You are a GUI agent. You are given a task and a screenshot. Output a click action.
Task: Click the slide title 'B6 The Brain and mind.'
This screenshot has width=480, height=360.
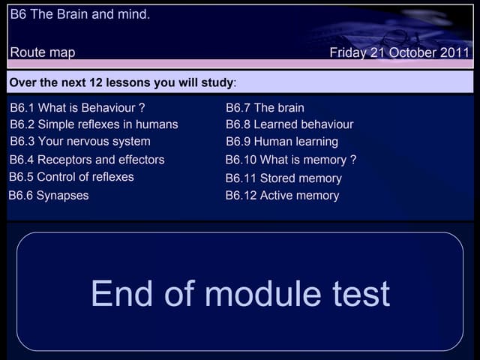click(79, 14)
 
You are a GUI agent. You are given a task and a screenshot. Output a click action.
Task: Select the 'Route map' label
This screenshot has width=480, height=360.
click(43, 52)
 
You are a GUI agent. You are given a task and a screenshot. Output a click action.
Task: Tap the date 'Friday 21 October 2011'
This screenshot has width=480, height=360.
click(399, 52)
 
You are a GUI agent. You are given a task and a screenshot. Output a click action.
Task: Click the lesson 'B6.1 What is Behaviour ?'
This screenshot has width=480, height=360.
click(77, 107)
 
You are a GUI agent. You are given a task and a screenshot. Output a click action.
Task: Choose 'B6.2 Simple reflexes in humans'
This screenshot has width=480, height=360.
click(94, 124)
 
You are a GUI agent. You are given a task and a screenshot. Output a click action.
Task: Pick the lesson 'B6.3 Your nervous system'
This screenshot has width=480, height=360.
click(80, 141)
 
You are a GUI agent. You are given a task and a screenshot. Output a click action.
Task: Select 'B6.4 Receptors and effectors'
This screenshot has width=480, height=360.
click(87, 160)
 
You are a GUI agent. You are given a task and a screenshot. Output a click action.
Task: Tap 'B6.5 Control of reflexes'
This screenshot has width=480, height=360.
click(71, 177)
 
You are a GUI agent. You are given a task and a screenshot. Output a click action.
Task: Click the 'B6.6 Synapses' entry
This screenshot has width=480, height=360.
click(49, 196)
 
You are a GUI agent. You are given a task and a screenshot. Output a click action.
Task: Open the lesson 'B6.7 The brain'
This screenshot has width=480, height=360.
click(265, 108)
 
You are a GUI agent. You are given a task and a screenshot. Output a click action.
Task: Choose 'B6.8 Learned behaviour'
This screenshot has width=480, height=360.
click(289, 124)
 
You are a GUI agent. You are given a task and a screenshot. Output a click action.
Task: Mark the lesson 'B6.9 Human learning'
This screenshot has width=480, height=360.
click(282, 142)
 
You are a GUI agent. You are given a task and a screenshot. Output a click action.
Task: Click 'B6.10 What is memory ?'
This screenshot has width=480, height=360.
click(291, 160)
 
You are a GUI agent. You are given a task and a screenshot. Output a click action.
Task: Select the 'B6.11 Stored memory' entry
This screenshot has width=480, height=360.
click(283, 178)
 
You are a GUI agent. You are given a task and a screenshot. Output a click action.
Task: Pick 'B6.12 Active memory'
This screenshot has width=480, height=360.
click(282, 196)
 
